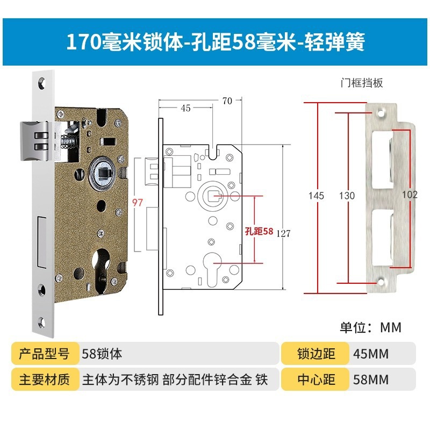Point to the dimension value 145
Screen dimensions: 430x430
pyautogui.click(x=317, y=196)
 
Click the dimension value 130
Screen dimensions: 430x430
pyautogui.click(x=347, y=196)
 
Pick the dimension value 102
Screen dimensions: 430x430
pyautogui.click(x=410, y=195)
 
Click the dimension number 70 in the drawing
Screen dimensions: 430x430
pyautogui.click(x=226, y=101)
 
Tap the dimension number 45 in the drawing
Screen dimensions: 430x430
pyautogui.click(x=185, y=108)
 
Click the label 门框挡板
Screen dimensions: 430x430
pyautogui.click(x=361, y=83)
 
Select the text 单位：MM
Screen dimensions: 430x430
pyautogui.click(x=370, y=327)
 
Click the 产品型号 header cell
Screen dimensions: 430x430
pyautogui.click(x=45, y=354)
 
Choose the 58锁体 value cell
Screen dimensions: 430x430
pyautogui.click(x=102, y=354)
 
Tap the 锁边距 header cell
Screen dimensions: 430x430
pyautogui.click(x=316, y=354)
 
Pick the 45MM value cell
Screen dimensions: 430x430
pyautogui.click(x=371, y=354)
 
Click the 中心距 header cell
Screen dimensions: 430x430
pyautogui.click(x=316, y=379)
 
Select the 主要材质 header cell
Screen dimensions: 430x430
pyautogui.click(x=45, y=379)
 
